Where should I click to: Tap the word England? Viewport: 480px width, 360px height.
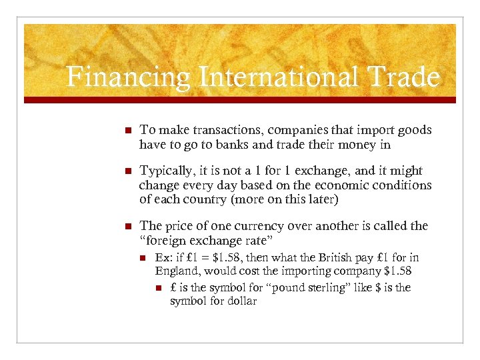(x=177, y=271)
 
